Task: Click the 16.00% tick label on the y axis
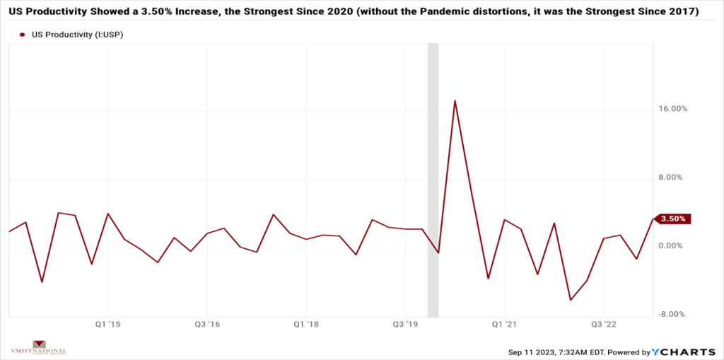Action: click(x=673, y=109)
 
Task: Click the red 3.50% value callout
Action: click(x=672, y=219)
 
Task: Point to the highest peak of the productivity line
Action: click(x=455, y=101)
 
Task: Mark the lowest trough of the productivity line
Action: click(x=571, y=300)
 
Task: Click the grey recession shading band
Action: click(x=433, y=177)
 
